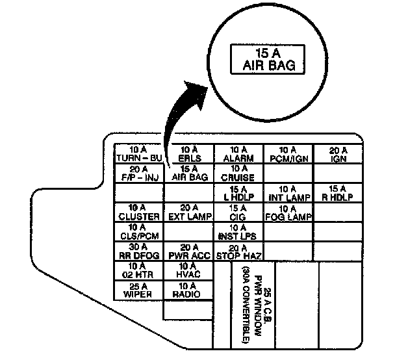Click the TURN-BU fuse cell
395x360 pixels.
pyautogui.click(x=138, y=155)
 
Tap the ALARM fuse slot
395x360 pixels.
pyautogui.click(x=238, y=155)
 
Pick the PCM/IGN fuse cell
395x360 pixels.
pyautogui.click(x=288, y=155)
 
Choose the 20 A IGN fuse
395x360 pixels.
pyautogui.click(x=338, y=155)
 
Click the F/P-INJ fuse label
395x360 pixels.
pyautogui.click(x=138, y=174)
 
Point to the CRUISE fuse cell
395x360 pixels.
pyautogui.click(x=238, y=174)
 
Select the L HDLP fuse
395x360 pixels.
pyautogui.click(x=238, y=193)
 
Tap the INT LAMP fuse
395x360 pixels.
pyautogui.click(x=288, y=193)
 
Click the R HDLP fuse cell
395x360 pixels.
pyautogui.click(x=338, y=193)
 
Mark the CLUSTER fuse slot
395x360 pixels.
pyautogui.click(x=138, y=212)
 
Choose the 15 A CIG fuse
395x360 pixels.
pyautogui.click(x=238, y=212)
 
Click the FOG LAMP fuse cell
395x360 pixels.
pyautogui.click(x=288, y=212)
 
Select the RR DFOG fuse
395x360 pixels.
pyautogui.click(x=138, y=251)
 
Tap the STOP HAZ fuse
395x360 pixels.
pyautogui.click(x=238, y=251)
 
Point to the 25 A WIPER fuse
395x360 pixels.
pyautogui.click(x=138, y=290)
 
